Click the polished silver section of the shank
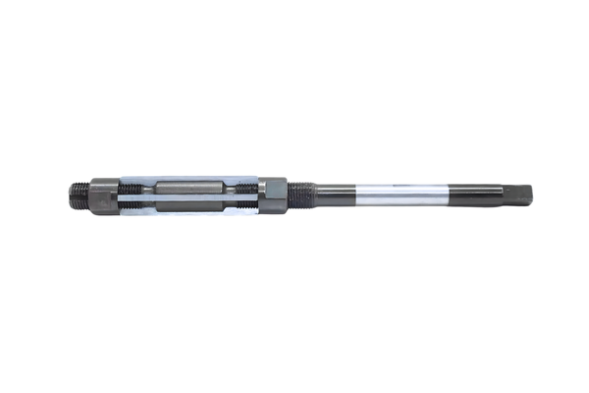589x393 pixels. point(393,193)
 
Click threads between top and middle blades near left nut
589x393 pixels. point(130,187)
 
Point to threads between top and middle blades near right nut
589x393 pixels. point(246,187)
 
